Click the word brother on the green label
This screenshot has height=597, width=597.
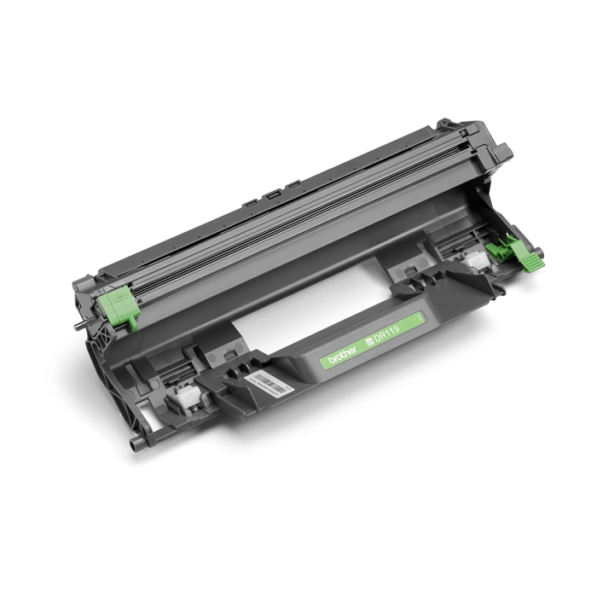339,350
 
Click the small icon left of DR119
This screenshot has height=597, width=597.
369,337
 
